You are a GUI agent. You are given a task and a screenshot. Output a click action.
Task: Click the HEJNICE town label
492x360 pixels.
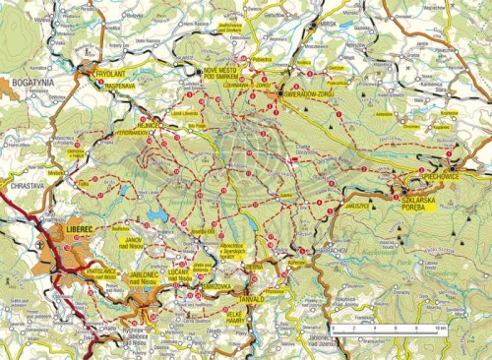pyautogui.click(x=150, y=125)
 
